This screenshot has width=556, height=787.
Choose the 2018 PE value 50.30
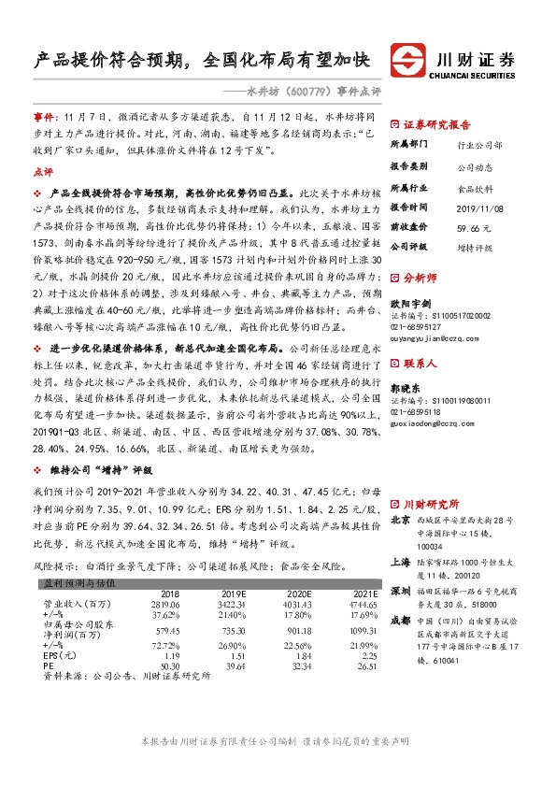[x=170, y=666]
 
